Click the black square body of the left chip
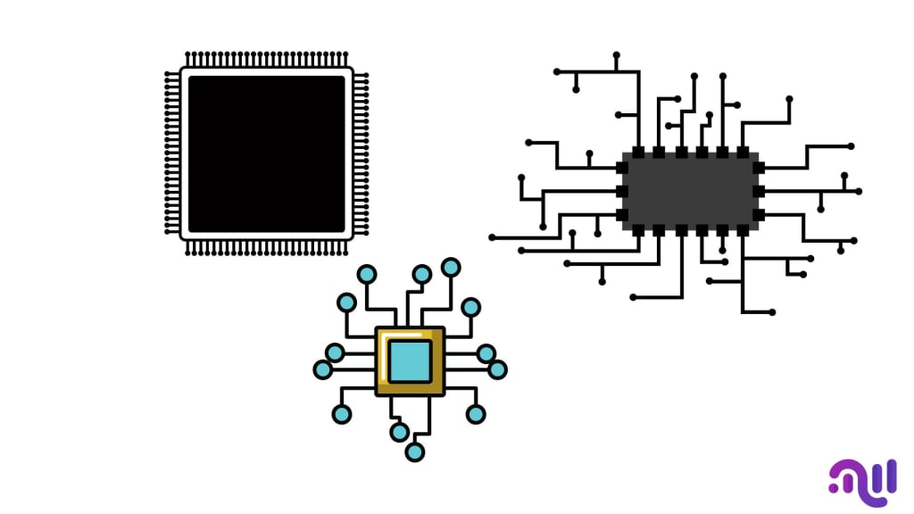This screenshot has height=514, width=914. coord(266,153)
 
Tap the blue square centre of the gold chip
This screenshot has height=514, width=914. coord(410,361)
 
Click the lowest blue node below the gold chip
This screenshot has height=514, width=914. coord(414,452)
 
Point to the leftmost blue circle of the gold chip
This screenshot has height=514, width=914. coord(323,369)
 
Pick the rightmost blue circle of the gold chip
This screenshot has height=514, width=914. coord(497,369)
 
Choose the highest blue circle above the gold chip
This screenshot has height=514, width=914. coord(451,267)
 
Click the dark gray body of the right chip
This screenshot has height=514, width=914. coord(690,192)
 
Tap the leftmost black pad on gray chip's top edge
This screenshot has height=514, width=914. coord(638,153)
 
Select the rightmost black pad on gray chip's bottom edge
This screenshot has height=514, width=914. coord(743,230)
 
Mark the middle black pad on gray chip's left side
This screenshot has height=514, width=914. coord(622,191)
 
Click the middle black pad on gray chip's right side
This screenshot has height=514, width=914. coord(758,191)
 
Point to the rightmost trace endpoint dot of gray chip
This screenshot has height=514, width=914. coord(859,191)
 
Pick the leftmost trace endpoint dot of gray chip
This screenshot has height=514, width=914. coord(492,237)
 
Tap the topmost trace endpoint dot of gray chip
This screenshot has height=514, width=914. coord(616,55)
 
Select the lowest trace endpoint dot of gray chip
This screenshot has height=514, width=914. coord(771,311)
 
